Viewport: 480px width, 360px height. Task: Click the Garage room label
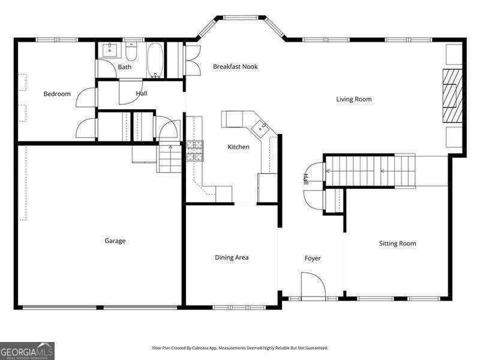[115, 241]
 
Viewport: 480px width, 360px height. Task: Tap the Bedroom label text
[57, 94]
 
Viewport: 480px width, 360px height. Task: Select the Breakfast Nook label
[235, 67]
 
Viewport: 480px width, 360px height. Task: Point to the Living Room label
[353, 99]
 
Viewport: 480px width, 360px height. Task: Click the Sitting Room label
[397, 244]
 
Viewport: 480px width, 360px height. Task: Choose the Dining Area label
[232, 257]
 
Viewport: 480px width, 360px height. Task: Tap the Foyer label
[312, 259]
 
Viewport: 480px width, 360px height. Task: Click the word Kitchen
[238, 147]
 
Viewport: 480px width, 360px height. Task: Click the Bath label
[124, 67]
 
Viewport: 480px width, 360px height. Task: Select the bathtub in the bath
[155, 60]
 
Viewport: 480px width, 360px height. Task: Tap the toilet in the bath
[131, 49]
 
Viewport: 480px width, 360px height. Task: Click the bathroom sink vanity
[109, 50]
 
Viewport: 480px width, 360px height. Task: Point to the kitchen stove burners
[194, 151]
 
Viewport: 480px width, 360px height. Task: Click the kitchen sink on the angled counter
[261, 126]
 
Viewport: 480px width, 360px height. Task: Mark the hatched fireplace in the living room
[452, 96]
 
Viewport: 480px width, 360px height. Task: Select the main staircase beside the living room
[369, 171]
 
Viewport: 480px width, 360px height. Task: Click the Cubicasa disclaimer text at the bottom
[239, 348]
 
